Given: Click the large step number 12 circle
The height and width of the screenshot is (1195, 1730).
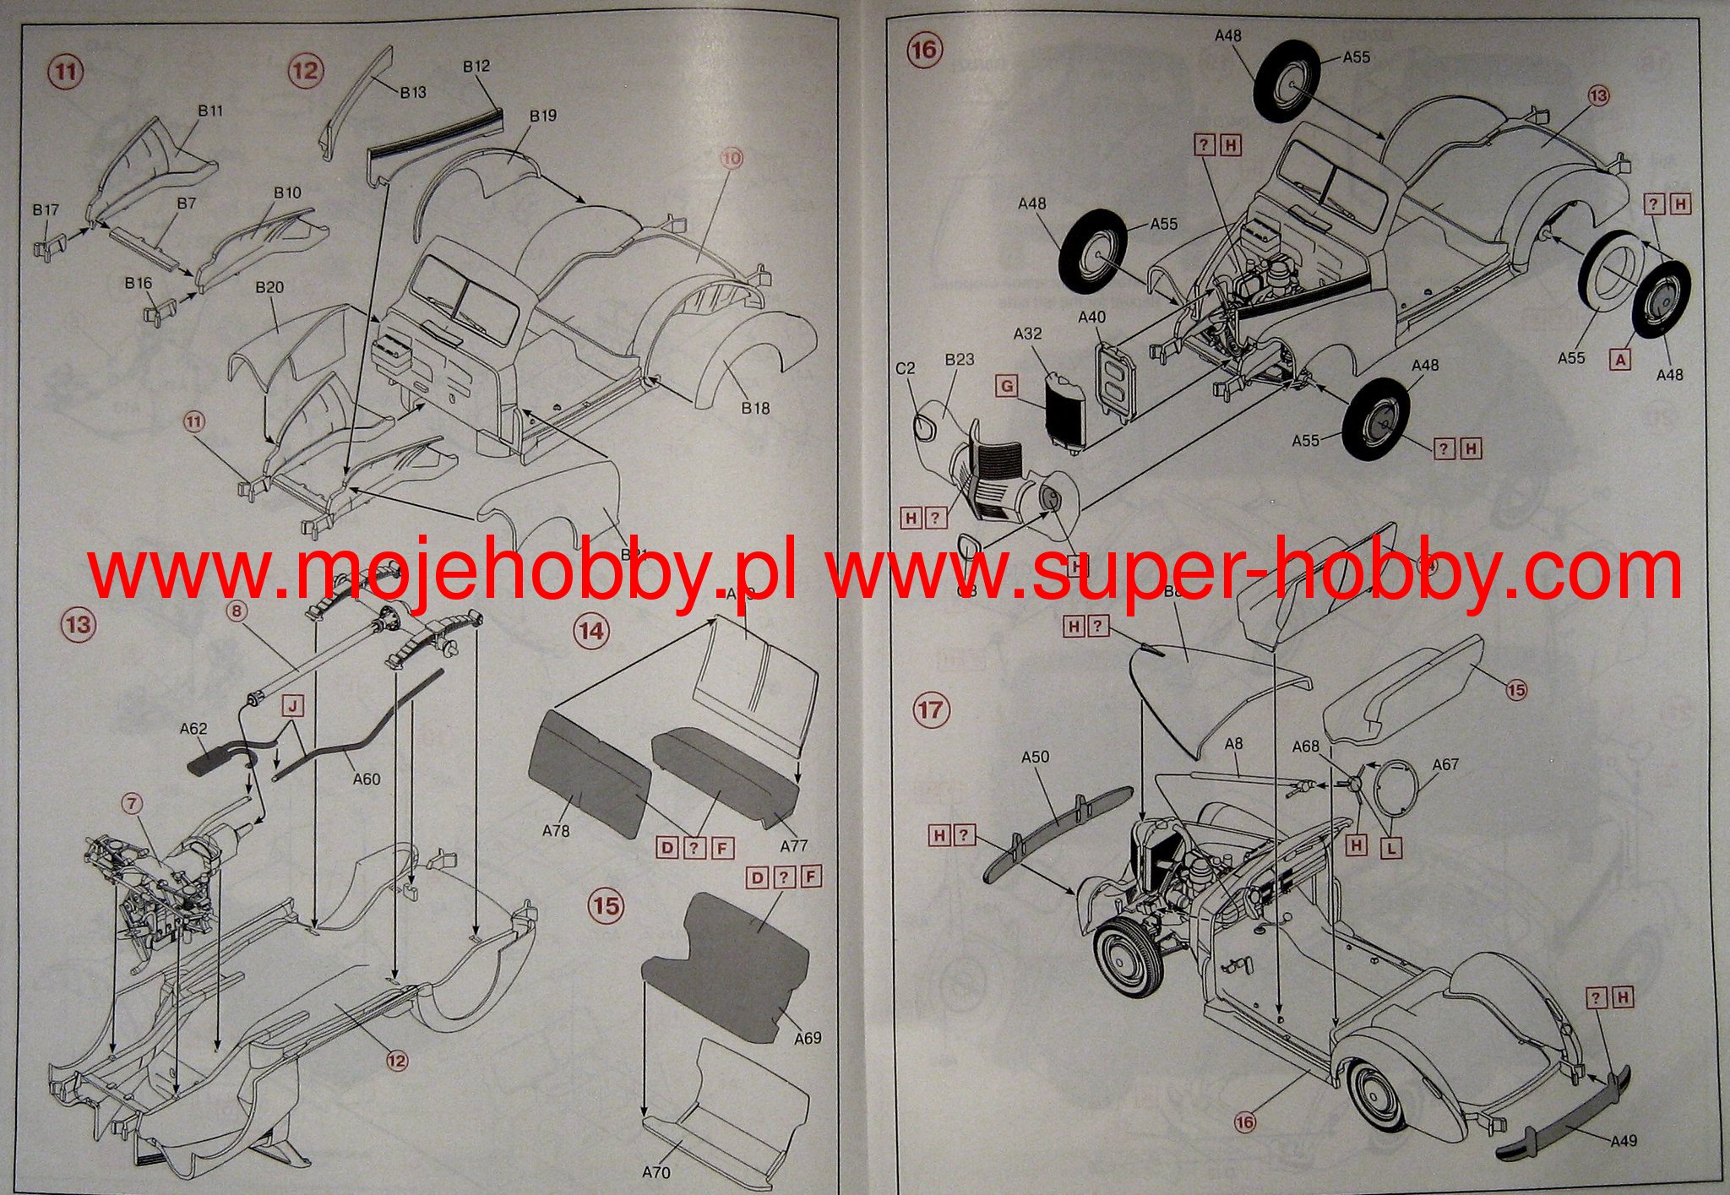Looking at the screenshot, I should pos(305,69).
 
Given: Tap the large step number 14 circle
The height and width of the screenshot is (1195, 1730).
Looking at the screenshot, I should pos(591,630).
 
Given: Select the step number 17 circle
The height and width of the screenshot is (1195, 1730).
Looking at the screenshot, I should pos(930,709).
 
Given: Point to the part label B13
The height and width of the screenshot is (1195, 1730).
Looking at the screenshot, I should pos(413,92).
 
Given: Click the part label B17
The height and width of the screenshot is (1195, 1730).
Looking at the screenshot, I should pos(46,209).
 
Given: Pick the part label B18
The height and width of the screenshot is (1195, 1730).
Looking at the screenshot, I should pos(755,408).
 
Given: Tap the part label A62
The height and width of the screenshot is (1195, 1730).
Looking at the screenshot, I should pos(193,729).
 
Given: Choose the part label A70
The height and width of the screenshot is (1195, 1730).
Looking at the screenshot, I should pos(656,1172).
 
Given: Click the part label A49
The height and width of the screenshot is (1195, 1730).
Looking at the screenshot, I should pos(1623,1141).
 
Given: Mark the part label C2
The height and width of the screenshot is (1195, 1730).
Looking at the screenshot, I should pos(905,368).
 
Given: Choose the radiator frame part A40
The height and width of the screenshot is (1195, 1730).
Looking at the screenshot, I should pos(1117,380).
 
